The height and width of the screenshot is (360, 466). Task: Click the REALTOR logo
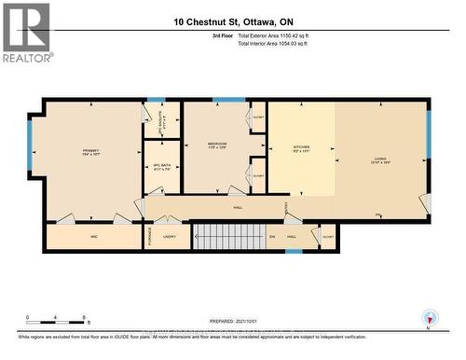coord(25,32)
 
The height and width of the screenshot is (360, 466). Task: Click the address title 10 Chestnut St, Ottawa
coord(232,21)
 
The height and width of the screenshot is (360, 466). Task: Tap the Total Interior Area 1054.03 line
coord(279,44)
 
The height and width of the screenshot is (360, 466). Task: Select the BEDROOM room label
coord(216,145)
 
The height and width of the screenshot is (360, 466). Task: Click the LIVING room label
coord(380,159)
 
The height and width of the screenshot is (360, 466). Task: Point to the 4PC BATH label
coord(160,166)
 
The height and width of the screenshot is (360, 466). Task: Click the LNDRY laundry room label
coord(170,237)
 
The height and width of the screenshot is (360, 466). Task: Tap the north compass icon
coord(429,318)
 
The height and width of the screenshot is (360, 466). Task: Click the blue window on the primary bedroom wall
coord(29,145)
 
